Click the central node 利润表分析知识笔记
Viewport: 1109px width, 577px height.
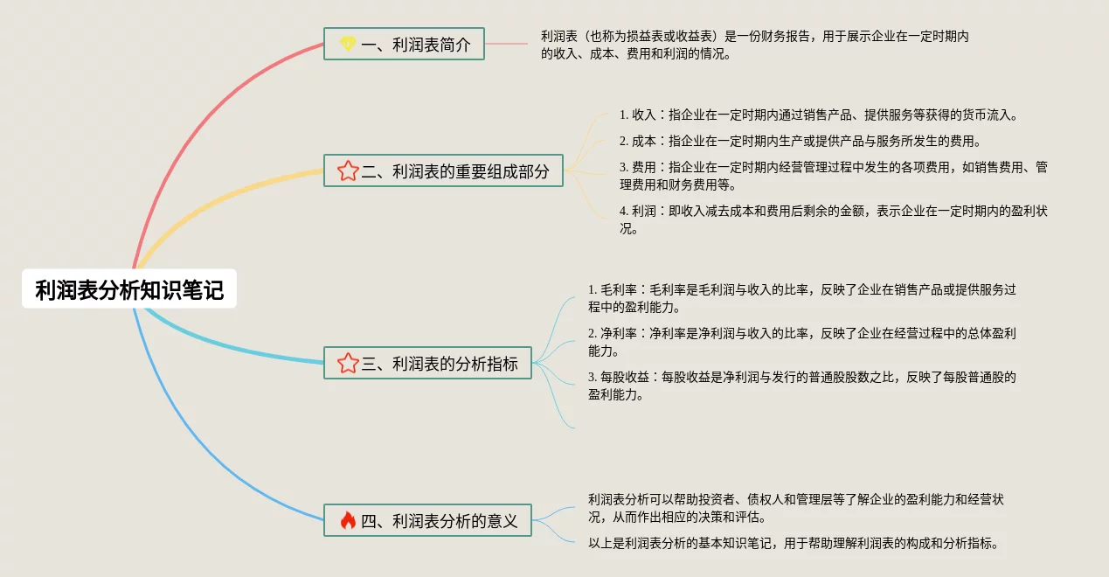[x=129, y=289]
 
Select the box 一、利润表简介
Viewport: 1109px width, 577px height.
[x=404, y=44]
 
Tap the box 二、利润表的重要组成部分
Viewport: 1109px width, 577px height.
[x=443, y=170]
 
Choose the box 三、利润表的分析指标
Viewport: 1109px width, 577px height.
[x=427, y=363]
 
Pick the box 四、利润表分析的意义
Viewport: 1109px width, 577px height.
[x=427, y=520]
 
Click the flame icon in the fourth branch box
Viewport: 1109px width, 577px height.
[x=348, y=520]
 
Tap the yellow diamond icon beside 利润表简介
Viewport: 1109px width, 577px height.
[x=348, y=44]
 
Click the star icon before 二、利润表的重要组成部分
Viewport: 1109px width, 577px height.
[x=348, y=170]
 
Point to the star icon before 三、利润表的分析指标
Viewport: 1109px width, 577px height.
[x=348, y=363]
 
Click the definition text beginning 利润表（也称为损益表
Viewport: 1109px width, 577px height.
[x=754, y=45]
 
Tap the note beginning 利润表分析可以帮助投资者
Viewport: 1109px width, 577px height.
[x=796, y=508]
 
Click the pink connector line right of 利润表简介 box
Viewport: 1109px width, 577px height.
[x=506, y=44]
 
